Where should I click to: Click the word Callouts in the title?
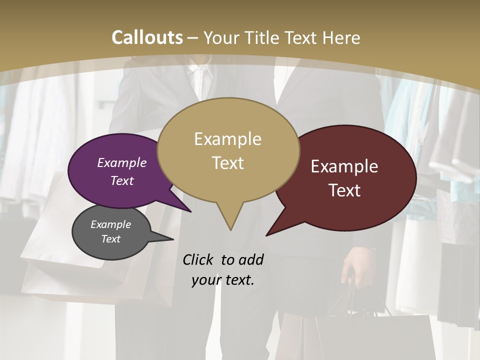point(147,37)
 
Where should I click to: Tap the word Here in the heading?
point(340,37)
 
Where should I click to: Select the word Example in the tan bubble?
point(227,139)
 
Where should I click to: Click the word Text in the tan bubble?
point(227,163)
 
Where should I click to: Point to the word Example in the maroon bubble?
point(344,166)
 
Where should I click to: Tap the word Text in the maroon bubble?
point(344,190)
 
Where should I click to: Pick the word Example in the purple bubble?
point(121,163)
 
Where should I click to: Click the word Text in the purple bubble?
point(121,181)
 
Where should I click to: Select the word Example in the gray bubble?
point(110,224)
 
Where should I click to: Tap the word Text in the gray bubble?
point(110,239)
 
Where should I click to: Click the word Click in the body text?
point(198,260)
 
